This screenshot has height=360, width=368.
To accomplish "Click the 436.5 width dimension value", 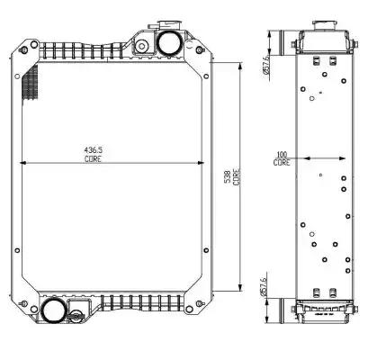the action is pyautogui.click(x=93, y=149).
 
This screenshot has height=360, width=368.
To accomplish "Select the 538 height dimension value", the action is pyautogui.click(x=228, y=177).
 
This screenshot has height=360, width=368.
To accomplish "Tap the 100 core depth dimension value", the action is pyautogui.click(x=282, y=155).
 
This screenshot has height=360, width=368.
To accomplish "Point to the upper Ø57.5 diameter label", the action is pyautogui.click(x=266, y=66).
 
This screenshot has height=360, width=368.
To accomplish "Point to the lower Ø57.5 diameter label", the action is pyautogui.click(x=264, y=287).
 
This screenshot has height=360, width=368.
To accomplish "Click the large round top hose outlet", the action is pyautogui.click(x=169, y=43).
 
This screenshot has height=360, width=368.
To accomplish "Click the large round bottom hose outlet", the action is pyautogui.click(x=53, y=310).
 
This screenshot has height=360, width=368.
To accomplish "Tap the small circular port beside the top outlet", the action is pyautogui.click(x=141, y=46).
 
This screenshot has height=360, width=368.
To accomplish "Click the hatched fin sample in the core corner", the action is pyautogui.click(x=31, y=82).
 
